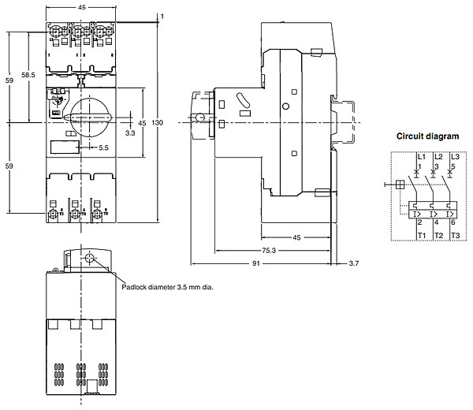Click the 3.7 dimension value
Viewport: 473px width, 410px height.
click(x=352, y=264)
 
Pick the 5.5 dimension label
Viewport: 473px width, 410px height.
click(x=104, y=147)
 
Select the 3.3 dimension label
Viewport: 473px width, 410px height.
click(x=130, y=134)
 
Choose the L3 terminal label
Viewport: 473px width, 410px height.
click(x=452, y=158)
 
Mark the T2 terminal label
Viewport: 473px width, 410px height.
click(x=437, y=236)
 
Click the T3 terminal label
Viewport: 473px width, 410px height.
click(x=453, y=236)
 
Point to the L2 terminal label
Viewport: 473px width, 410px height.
click(x=437, y=158)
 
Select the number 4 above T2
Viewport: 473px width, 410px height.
click(x=436, y=224)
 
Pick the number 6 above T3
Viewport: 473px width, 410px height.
click(x=453, y=224)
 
